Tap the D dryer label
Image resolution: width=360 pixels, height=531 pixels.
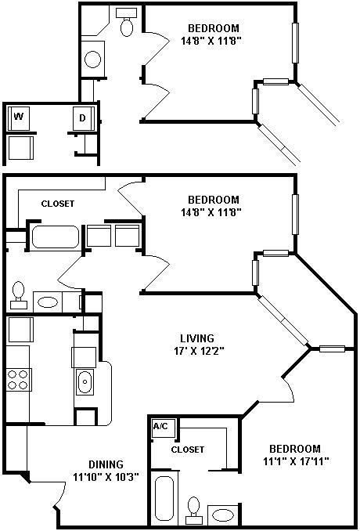point(82,118)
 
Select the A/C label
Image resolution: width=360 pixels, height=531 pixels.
point(160,427)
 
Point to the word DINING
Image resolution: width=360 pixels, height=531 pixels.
point(105,464)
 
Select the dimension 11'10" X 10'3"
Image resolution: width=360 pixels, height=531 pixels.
point(106,477)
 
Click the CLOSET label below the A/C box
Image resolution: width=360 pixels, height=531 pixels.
point(188,450)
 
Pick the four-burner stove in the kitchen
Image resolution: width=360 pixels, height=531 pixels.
point(17,380)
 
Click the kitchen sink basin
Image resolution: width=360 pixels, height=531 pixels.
point(85,383)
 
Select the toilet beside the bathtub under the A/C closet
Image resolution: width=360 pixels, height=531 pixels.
point(193,511)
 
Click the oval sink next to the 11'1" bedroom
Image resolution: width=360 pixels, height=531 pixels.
point(223,515)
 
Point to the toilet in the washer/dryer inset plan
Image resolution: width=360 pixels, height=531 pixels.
point(125,25)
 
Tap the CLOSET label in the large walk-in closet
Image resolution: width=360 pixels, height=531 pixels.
point(57,204)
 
